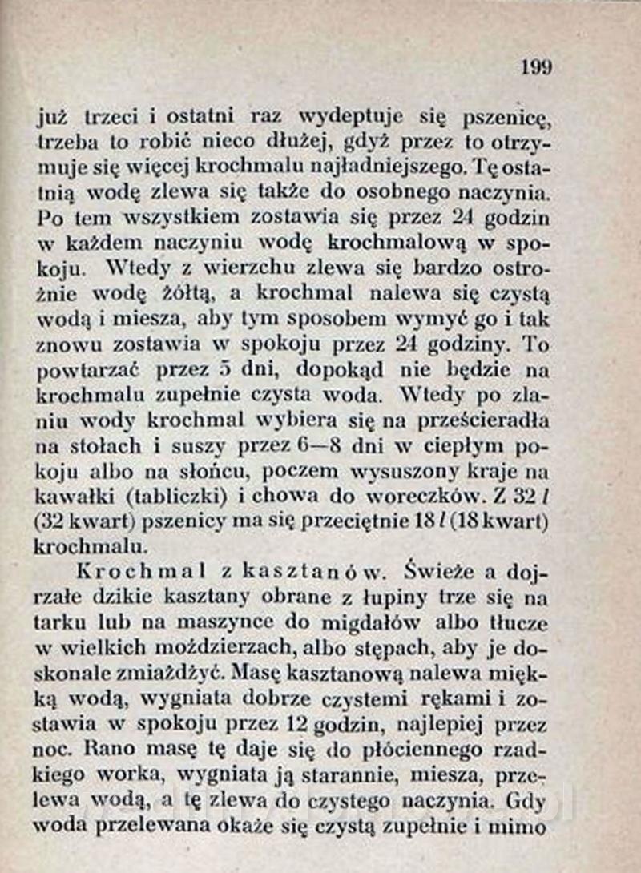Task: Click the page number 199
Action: (x=536, y=67)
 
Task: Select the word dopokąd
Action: (x=341, y=371)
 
